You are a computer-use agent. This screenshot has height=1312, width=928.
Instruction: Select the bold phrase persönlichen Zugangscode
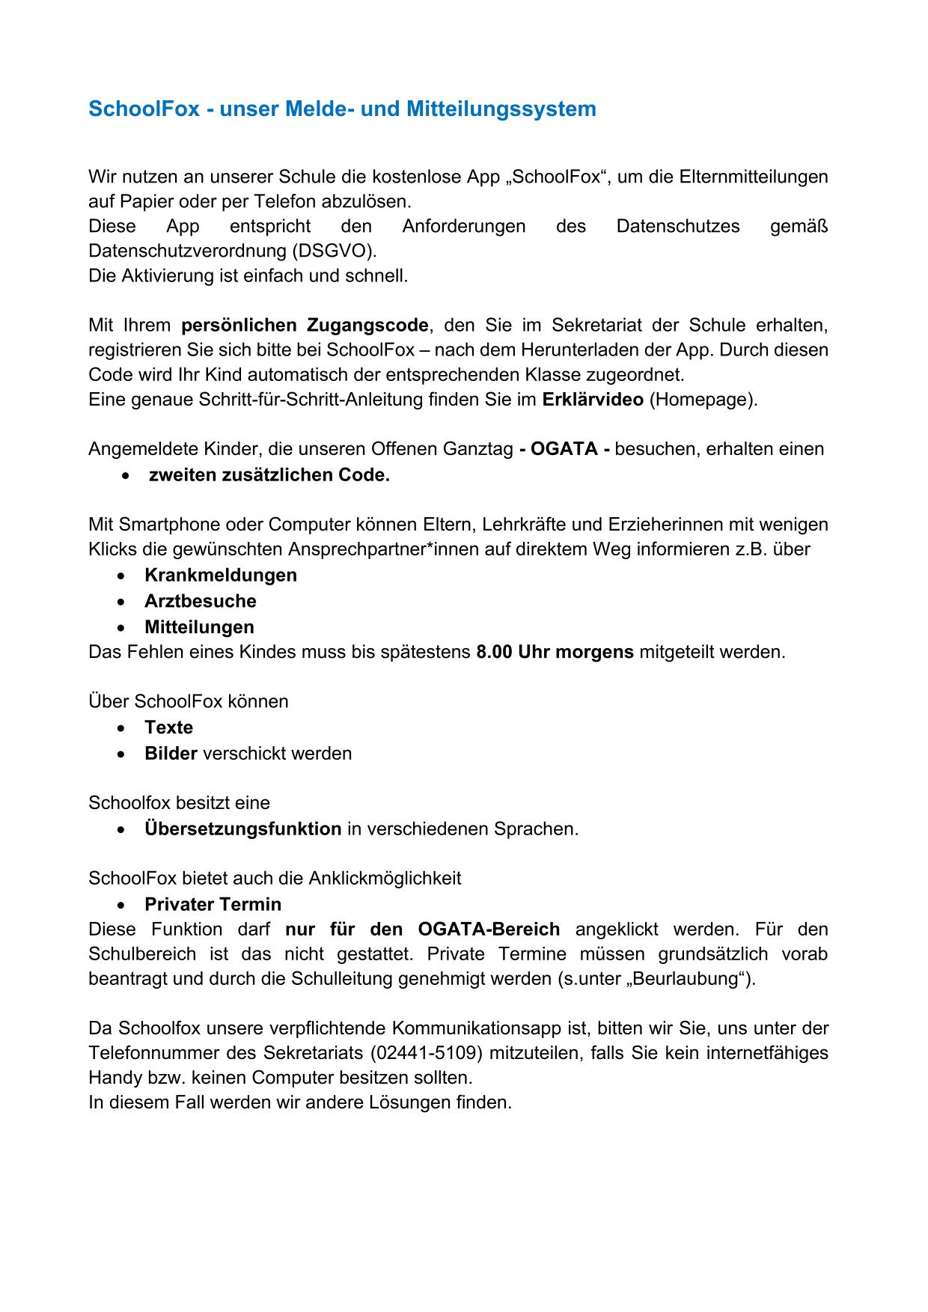[x=305, y=326]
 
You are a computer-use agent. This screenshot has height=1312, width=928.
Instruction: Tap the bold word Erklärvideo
[x=592, y=400]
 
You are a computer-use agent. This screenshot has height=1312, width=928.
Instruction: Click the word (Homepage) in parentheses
[x=703, y=400]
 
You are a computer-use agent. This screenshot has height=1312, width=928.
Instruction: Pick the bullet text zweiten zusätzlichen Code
[x=269, y=475]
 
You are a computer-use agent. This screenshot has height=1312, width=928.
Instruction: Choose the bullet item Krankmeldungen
[x=221, y=576]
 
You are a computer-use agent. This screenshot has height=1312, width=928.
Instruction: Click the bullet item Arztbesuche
[x=201, y=601]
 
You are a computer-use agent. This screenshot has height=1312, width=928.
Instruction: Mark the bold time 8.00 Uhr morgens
[x=555, y=652]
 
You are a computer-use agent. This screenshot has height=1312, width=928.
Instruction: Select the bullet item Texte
[x=169, y=727]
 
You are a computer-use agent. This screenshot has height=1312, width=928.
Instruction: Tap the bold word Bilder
[x=171, y=754]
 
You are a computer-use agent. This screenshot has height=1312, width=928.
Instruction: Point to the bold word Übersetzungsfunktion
[x=243, y=829]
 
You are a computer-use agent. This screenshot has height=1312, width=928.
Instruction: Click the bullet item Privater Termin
[x=213, y=904]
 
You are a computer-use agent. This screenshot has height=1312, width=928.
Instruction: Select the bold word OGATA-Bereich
[x=489, y=930]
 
